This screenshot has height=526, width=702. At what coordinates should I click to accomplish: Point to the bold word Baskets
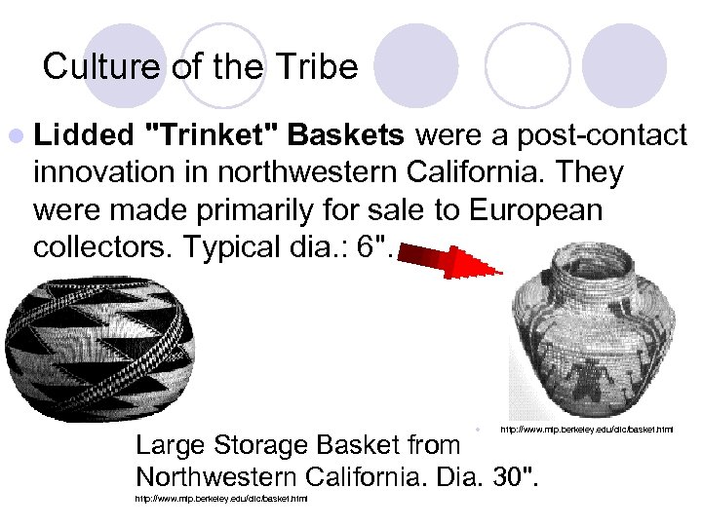click(x=350, y=134)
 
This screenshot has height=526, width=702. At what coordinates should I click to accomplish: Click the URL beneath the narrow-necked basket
click(x=586, y=429)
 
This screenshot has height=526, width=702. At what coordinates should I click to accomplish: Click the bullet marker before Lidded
click(x=22, y=135)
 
